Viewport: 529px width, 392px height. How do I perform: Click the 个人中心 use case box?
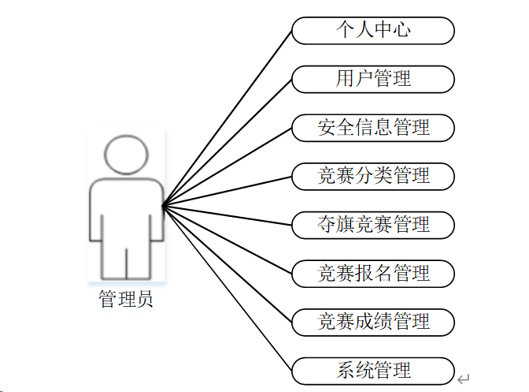tap(373, 31)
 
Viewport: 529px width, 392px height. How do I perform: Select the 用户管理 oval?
tap(373, 79)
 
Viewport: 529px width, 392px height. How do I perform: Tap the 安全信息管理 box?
tap(373, 127)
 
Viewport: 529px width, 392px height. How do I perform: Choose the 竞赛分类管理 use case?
tap(373, 176)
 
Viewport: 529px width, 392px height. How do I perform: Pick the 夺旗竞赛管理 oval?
tap(373, 225)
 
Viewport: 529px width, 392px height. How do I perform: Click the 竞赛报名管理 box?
tap(373, 274)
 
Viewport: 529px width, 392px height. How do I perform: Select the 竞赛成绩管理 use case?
tap(373, 322)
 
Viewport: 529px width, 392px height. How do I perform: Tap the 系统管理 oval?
tap(373, 371)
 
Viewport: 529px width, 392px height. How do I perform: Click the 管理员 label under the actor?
tap(126, 299)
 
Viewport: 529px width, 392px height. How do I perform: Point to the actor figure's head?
tap(126, 156)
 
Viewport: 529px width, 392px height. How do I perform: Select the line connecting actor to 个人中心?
tap(228, 118)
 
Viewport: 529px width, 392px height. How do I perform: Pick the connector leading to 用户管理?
tap(228, 143)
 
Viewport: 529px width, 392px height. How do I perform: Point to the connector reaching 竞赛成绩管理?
tap(228, 264)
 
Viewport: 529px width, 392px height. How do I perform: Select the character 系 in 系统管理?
tap(345, 371)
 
